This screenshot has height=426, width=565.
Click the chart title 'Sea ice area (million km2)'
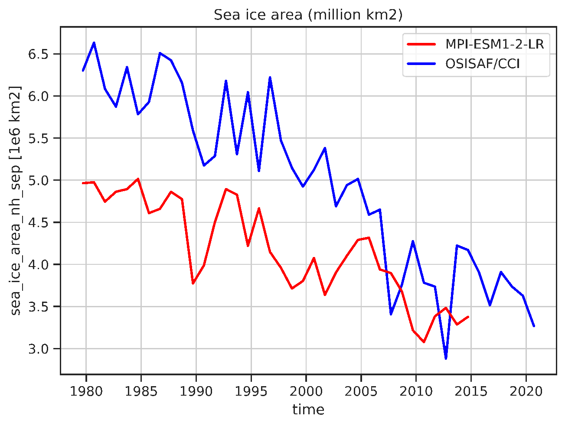[x=308, y=15]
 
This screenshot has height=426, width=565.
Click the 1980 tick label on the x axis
[x=86, y=391]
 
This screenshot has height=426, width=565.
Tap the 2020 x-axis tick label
[x=526, y=391]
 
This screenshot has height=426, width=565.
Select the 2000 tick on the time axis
[x=306, y=391]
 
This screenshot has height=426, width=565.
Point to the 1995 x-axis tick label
[x=251, y=391]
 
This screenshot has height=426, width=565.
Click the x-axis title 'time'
[x=308, y=410]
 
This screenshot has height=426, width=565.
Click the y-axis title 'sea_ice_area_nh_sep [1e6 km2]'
[x=16, y=201]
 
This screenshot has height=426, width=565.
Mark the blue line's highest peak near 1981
[x=94, y=43]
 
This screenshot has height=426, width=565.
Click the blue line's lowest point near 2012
[x=446, y=358]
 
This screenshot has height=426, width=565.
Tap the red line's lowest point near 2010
[x=424, y=342]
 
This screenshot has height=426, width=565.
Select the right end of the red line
[x=468, y=317]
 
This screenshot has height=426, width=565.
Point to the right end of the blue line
[x=534, y=326]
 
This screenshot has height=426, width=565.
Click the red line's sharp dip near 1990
[x=193, y=283]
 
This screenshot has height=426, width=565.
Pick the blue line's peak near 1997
[x=270, y=78]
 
